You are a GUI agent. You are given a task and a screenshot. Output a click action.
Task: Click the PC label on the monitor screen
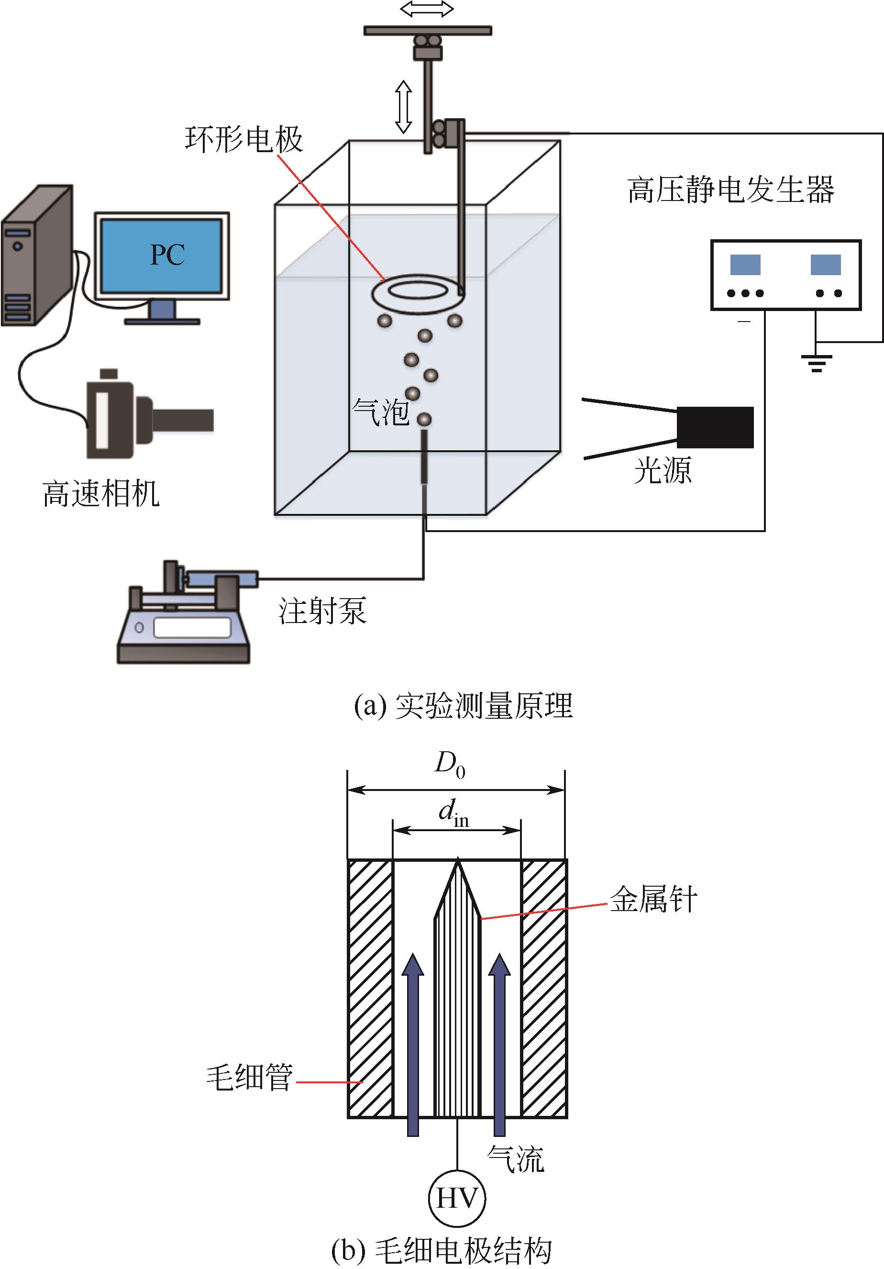coord(167,255)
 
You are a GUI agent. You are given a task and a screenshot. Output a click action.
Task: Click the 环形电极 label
coord(243,139)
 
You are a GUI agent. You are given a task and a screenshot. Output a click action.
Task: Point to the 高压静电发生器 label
coord(730,190)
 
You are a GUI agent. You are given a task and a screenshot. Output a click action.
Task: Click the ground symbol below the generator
coord(816,363)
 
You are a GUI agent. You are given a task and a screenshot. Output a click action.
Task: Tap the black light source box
coord(715,427)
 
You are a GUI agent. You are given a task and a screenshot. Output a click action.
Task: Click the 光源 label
coord(663,470)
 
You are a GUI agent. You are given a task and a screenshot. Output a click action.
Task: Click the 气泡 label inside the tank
coord(380,413)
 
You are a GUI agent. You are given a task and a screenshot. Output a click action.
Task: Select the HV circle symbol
coord(457,1198)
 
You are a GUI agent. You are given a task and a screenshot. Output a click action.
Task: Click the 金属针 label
coord(653,899)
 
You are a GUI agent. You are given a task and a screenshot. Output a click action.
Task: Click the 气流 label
coord(516,1159)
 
